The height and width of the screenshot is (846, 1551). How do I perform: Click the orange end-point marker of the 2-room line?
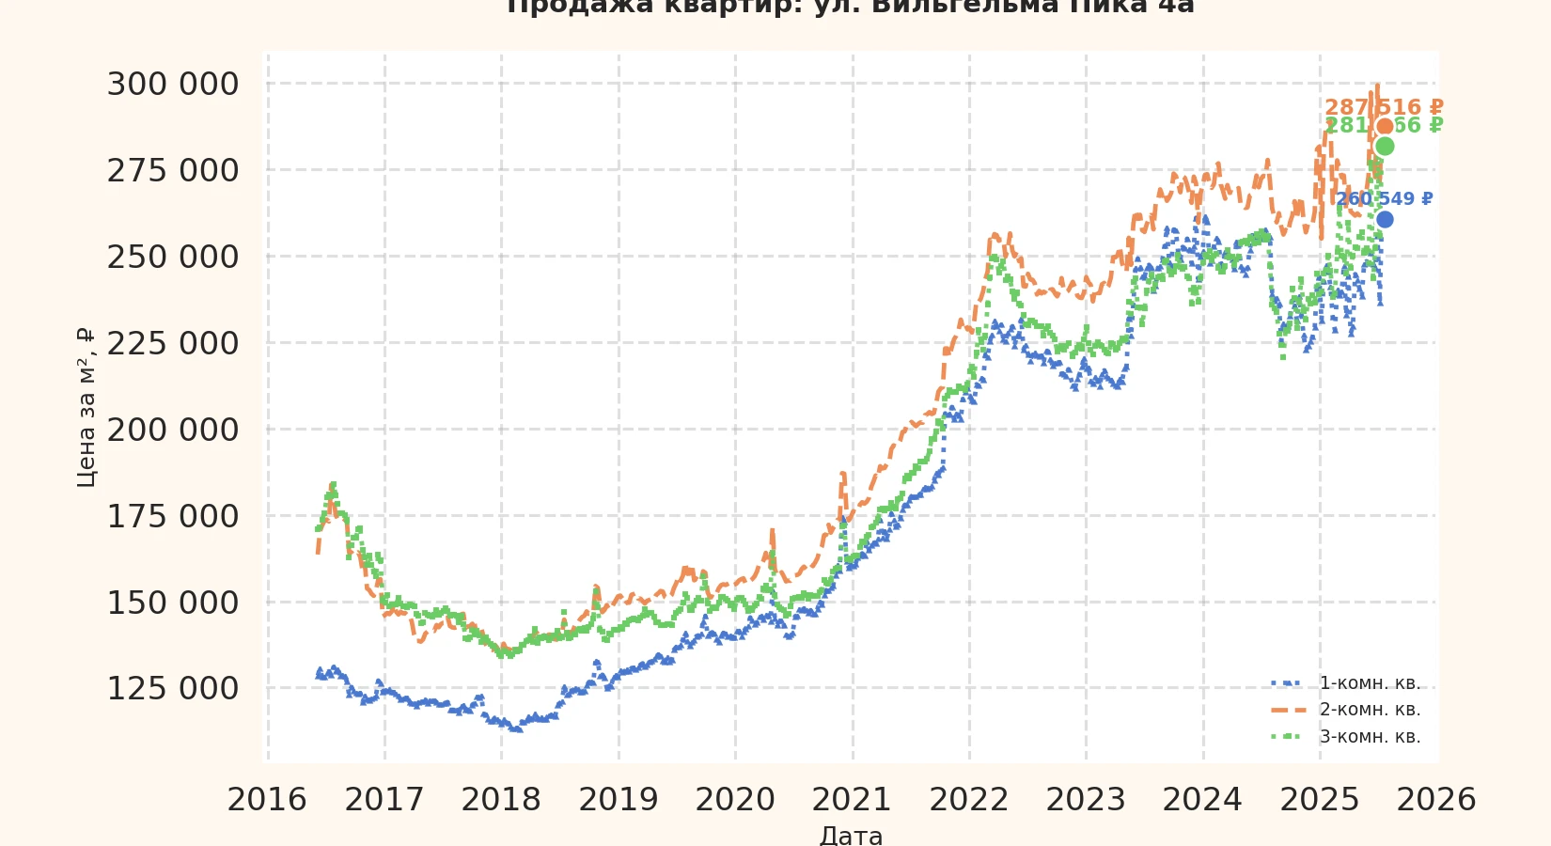coord(1385,127)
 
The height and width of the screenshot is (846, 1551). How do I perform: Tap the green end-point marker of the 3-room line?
coord(1385,146)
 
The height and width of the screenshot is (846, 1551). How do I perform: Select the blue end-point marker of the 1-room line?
coord(1385,220)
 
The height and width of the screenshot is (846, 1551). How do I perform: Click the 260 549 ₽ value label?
coord(1384,199)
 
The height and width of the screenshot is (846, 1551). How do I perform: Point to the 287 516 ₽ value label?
coord(1384,107)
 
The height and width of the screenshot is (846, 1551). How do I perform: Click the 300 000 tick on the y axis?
coord(173,85)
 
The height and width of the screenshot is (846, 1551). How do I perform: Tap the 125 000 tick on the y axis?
coord(173,689)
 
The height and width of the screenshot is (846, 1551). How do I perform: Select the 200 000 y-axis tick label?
coord(173,430)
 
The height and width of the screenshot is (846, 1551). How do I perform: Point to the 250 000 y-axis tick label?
coord(173,257)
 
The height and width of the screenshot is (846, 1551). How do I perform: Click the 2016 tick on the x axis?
coord(267,800)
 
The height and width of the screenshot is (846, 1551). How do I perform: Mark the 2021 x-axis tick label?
coord(852,800)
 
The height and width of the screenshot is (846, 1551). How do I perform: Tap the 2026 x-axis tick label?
coord(1436,800)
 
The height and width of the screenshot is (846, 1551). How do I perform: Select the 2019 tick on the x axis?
coord(618,800)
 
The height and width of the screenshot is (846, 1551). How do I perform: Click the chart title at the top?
coord(850,8)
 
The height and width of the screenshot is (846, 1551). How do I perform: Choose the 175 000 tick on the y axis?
coord(173,516)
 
